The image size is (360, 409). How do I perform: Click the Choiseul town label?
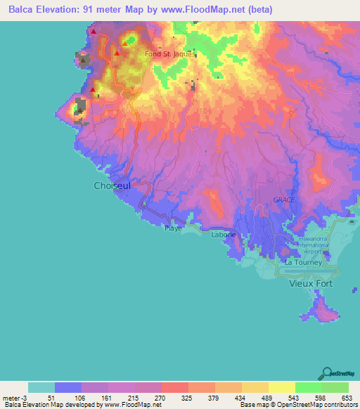(111, 186)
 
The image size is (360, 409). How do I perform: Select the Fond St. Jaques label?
(169, 53)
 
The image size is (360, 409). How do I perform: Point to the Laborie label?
(224, 235)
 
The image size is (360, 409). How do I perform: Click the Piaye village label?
(173, 228)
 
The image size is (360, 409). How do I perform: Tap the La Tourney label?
(302, 262)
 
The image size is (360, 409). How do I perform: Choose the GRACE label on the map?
(283, 200)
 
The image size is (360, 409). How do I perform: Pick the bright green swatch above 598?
(308, 387)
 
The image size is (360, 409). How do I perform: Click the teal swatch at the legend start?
(41, 387)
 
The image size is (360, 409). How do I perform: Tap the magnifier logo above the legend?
(328, 372)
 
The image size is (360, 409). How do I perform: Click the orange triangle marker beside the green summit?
(124, 44)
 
